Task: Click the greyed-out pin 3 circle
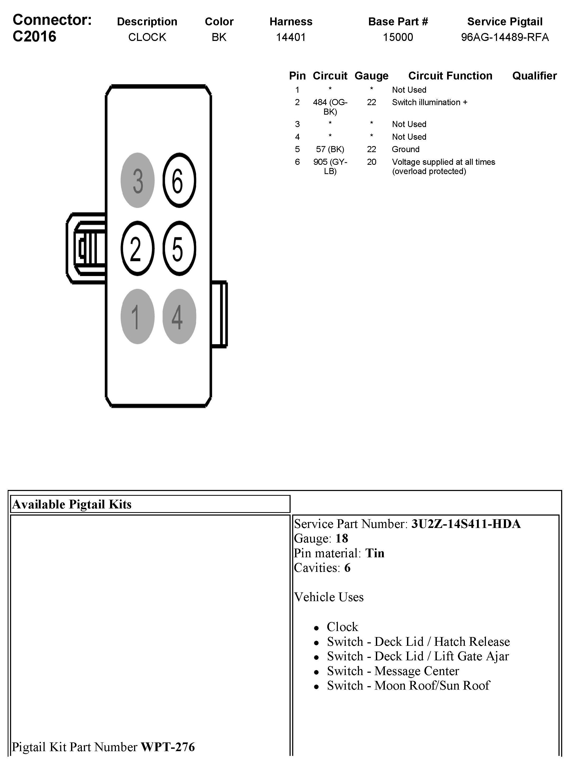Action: point(138,180)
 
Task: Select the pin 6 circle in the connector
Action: point(179,180)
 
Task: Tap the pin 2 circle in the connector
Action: point(138,248)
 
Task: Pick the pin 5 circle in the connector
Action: point(179,248)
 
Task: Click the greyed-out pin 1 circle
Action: point(138,316)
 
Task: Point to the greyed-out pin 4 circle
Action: point(179,316)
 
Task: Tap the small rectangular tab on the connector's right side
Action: point(219,314)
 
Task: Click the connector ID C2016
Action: point(34,36)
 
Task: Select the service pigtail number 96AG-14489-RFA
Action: point(504,37)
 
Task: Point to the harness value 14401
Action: point(291,37)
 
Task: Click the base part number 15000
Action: point(398,37)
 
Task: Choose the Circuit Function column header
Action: point(450,76)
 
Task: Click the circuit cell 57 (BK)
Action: point(330,149)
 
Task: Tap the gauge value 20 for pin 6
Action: point(371,162)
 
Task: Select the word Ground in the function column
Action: point(405,149)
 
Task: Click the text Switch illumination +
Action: point(429,102)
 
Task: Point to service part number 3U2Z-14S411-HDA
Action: point(466,524)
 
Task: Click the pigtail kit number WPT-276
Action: point(168,747)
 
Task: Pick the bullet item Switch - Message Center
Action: point(393,671)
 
